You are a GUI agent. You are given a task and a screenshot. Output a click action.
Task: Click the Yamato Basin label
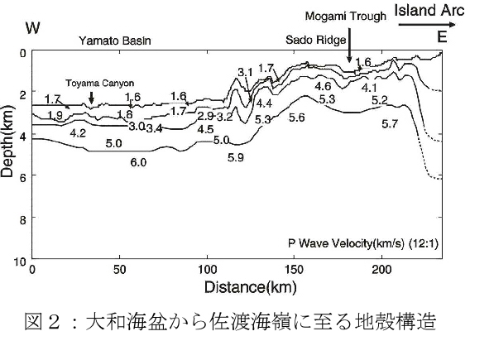115,41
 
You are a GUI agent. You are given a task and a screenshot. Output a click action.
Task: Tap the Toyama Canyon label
100,83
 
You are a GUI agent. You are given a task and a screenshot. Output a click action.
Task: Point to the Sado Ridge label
316,40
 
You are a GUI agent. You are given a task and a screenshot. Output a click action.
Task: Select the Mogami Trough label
346,16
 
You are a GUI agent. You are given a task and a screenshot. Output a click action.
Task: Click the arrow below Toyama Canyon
91,98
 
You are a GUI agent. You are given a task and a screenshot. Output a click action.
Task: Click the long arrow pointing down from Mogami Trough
349,46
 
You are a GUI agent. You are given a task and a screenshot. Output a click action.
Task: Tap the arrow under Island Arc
427,25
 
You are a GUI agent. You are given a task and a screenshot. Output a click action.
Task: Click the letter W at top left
33,27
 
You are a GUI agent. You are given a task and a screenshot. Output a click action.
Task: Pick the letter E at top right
443,37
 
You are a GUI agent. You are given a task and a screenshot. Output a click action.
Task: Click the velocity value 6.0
138,162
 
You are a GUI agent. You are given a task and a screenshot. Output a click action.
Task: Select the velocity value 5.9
236,157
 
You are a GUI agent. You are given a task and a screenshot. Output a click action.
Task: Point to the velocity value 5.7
390,124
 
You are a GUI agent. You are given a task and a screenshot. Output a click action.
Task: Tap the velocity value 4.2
78,133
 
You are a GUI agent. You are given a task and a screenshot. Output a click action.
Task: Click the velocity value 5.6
297,118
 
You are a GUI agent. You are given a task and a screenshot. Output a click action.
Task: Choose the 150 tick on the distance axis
294,270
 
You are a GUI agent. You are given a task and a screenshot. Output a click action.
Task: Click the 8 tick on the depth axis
22,220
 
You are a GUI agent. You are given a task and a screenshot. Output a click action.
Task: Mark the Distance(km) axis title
251,287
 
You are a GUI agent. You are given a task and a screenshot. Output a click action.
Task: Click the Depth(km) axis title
7,141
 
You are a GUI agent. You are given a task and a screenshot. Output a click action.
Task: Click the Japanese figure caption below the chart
230,322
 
